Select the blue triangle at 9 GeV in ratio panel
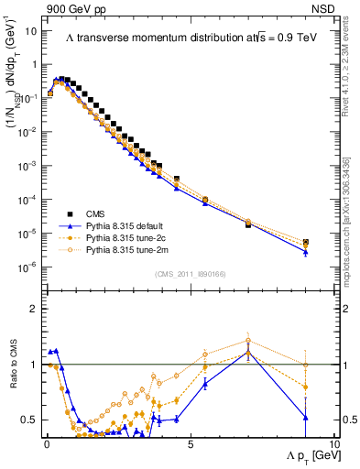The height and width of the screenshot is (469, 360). click(305, 418)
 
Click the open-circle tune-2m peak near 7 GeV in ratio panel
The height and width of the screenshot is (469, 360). click(247, 341)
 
